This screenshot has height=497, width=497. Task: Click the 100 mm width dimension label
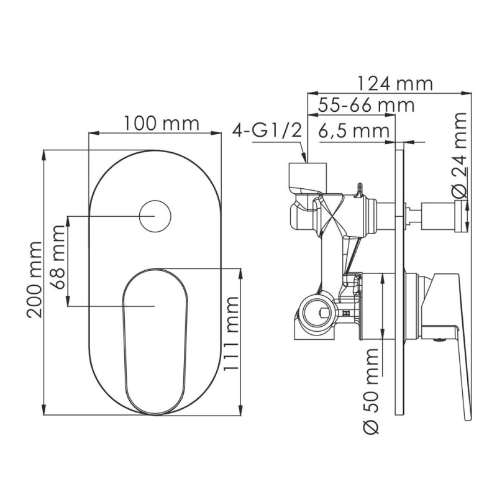click(160, 123)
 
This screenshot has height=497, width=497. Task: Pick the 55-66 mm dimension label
click(365, 105)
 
